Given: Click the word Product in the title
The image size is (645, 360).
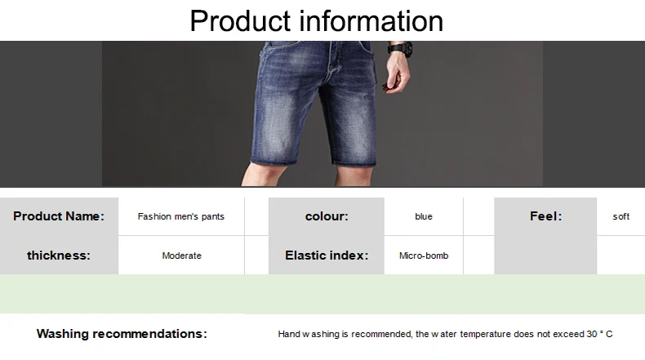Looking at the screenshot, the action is pyautogui.click(x=240, y=21).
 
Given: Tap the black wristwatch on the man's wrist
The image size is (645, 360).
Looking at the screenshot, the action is pyautogui.click(x=400, y=48).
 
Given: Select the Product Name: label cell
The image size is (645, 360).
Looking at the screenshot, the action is pyautogui.click(x=59, y=216).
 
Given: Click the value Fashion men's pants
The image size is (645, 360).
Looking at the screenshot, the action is pyautogui.click(x=181, y=216).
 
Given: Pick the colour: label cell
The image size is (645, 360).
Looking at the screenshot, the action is pyautogui.click(x=327, y=216).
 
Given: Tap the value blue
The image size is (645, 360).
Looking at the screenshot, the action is pyautogui.click(x=424, y=216).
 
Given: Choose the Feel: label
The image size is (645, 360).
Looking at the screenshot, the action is pyautogui.click(x=546, y=216).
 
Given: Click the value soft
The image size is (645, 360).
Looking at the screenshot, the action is pyautogui.click(x=621, y=216).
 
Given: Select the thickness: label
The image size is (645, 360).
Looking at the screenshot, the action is pyautogui.click(x=59, y=256).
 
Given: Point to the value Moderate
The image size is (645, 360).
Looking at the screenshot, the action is pyautogui.click(x=182, y=256).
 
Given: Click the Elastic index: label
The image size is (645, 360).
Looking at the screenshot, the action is pyautogui.click(x=327, y=256).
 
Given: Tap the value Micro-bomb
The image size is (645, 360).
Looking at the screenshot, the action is pyautogui.click(x=424, y=256).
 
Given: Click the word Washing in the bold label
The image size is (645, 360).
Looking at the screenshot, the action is pyautogui.click(x=63, y=334).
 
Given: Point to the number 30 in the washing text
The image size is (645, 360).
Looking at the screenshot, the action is pyautogui.click(x=592, y=334).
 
